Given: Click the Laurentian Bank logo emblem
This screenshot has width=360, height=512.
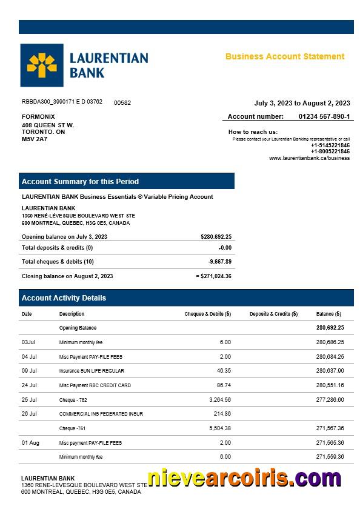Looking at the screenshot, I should coord(41,65).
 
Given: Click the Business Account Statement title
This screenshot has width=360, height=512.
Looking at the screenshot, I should coord(285,56).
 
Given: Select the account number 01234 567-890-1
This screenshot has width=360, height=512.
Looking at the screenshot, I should coord(324,116).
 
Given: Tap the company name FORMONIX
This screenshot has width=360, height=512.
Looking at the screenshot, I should coord(38,116).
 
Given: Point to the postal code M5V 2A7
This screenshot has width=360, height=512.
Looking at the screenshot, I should coord(35,139).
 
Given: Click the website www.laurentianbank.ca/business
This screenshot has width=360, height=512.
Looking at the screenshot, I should coord(309,158).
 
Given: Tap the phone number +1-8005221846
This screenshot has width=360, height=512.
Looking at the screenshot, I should coord(330,151).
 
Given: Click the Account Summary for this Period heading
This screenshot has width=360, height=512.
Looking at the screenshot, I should coord(80,181).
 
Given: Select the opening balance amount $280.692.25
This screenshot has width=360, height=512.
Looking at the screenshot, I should coord(216,237).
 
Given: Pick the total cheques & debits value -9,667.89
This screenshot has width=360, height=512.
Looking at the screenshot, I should coord(219,262).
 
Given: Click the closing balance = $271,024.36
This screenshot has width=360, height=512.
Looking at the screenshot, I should coord(214,276).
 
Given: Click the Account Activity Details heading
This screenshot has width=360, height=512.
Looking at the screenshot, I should coord(64,298).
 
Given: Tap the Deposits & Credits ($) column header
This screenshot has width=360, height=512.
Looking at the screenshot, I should coord(273,314).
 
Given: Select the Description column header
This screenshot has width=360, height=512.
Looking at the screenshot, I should coord(72,314).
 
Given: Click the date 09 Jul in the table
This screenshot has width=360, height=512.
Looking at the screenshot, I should coord(29,371).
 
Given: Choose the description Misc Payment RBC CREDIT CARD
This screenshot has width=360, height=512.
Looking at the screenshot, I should coord(95,385).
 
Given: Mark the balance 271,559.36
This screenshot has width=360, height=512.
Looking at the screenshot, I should coord(330,457).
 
